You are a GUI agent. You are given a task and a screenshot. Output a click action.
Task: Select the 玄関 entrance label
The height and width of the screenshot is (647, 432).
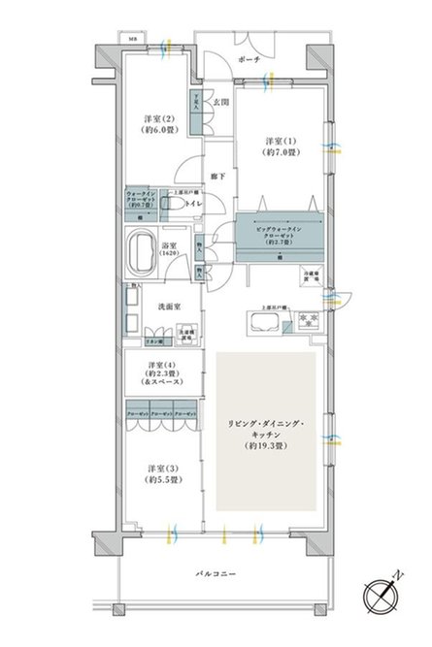pyautogui.click(x=221, y=101)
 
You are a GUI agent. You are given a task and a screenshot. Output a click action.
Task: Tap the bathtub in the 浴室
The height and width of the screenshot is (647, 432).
pyautogui.click(x=142, y=249)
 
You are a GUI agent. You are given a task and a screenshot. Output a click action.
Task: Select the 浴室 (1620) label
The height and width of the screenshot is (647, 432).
pyautogui.click(x=168, y=250)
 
